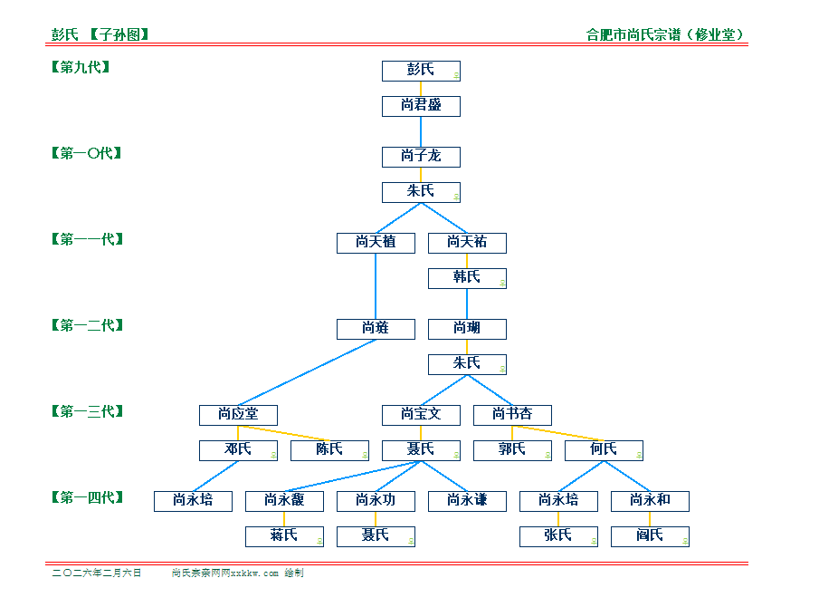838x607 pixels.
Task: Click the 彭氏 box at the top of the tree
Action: [421, 71]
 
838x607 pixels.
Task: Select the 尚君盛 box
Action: [421, 106]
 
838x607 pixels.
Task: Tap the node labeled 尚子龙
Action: [421, 157]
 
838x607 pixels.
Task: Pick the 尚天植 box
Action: [376, 243]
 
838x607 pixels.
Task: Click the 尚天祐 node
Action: [467, 243]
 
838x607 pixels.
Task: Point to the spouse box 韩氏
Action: [467, 278]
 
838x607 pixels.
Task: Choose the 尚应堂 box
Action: [238, 415]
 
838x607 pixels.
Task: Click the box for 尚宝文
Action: [421, 415]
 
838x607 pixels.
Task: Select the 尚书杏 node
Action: [512, 415]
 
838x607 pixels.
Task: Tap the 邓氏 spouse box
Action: [238, 450]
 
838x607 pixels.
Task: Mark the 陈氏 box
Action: [329, 450]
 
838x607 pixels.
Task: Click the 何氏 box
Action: [604, 450]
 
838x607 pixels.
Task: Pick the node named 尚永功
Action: [376, 501]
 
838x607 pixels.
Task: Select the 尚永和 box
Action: [650, 501]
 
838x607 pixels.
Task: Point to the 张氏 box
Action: [558, 536]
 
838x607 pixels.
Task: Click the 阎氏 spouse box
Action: [650, 536]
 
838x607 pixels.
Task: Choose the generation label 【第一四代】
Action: [87, 497]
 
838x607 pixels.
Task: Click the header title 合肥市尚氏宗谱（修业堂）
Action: [666, 35]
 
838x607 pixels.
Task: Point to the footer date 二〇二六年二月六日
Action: [97, 573]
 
